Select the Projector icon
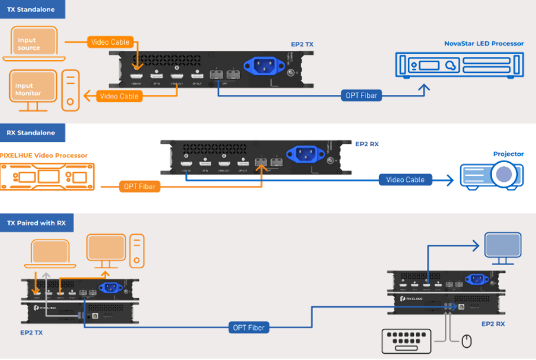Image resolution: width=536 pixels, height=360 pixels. pos(489,175)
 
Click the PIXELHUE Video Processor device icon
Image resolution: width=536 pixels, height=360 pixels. pos(45,175)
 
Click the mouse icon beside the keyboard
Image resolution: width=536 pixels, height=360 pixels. pos(467,341)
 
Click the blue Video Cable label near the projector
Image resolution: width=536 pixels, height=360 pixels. pos(405,180)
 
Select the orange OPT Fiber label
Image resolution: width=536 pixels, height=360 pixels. pos(140,186)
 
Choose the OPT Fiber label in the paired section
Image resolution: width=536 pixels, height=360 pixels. pos(249,327)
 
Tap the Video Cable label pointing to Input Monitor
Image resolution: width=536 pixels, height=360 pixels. pos(119,97)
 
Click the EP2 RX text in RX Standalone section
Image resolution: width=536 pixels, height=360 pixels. pos(367,144)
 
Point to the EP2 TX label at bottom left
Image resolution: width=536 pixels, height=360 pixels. pos(31,332)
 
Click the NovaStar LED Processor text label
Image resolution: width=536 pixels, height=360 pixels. pos(483,44)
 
